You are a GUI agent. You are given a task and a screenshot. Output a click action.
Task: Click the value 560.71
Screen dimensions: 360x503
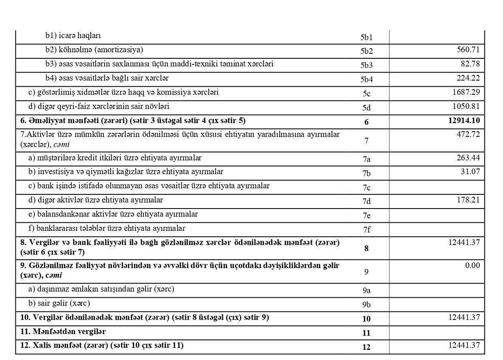click(469, 49)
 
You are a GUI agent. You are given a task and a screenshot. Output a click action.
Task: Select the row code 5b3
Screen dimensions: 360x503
click(366, 65)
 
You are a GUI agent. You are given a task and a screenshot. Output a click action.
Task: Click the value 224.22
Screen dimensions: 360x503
click(469, 78)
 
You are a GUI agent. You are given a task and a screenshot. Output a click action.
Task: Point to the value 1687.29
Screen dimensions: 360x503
click(466, 92)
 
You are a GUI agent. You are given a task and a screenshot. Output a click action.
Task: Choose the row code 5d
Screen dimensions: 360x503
click(366, 108)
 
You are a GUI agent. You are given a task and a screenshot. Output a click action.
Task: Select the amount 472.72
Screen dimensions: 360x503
click(469, 134)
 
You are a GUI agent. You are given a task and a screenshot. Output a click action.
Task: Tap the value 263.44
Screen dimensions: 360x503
click(469, 158)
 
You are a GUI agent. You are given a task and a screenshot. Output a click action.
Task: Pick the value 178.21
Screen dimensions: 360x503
click(469, 200)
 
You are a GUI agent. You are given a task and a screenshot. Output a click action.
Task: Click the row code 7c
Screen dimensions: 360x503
click(366, 187)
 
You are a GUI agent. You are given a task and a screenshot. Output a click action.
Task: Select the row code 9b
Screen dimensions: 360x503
click(366, 305)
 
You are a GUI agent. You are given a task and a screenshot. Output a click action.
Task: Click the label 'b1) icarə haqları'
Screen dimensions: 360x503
click(73, 36)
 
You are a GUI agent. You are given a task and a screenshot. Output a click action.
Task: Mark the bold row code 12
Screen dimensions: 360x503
click(366, 347)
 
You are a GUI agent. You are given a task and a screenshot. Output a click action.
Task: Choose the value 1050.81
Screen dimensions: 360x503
click(466, 106)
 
